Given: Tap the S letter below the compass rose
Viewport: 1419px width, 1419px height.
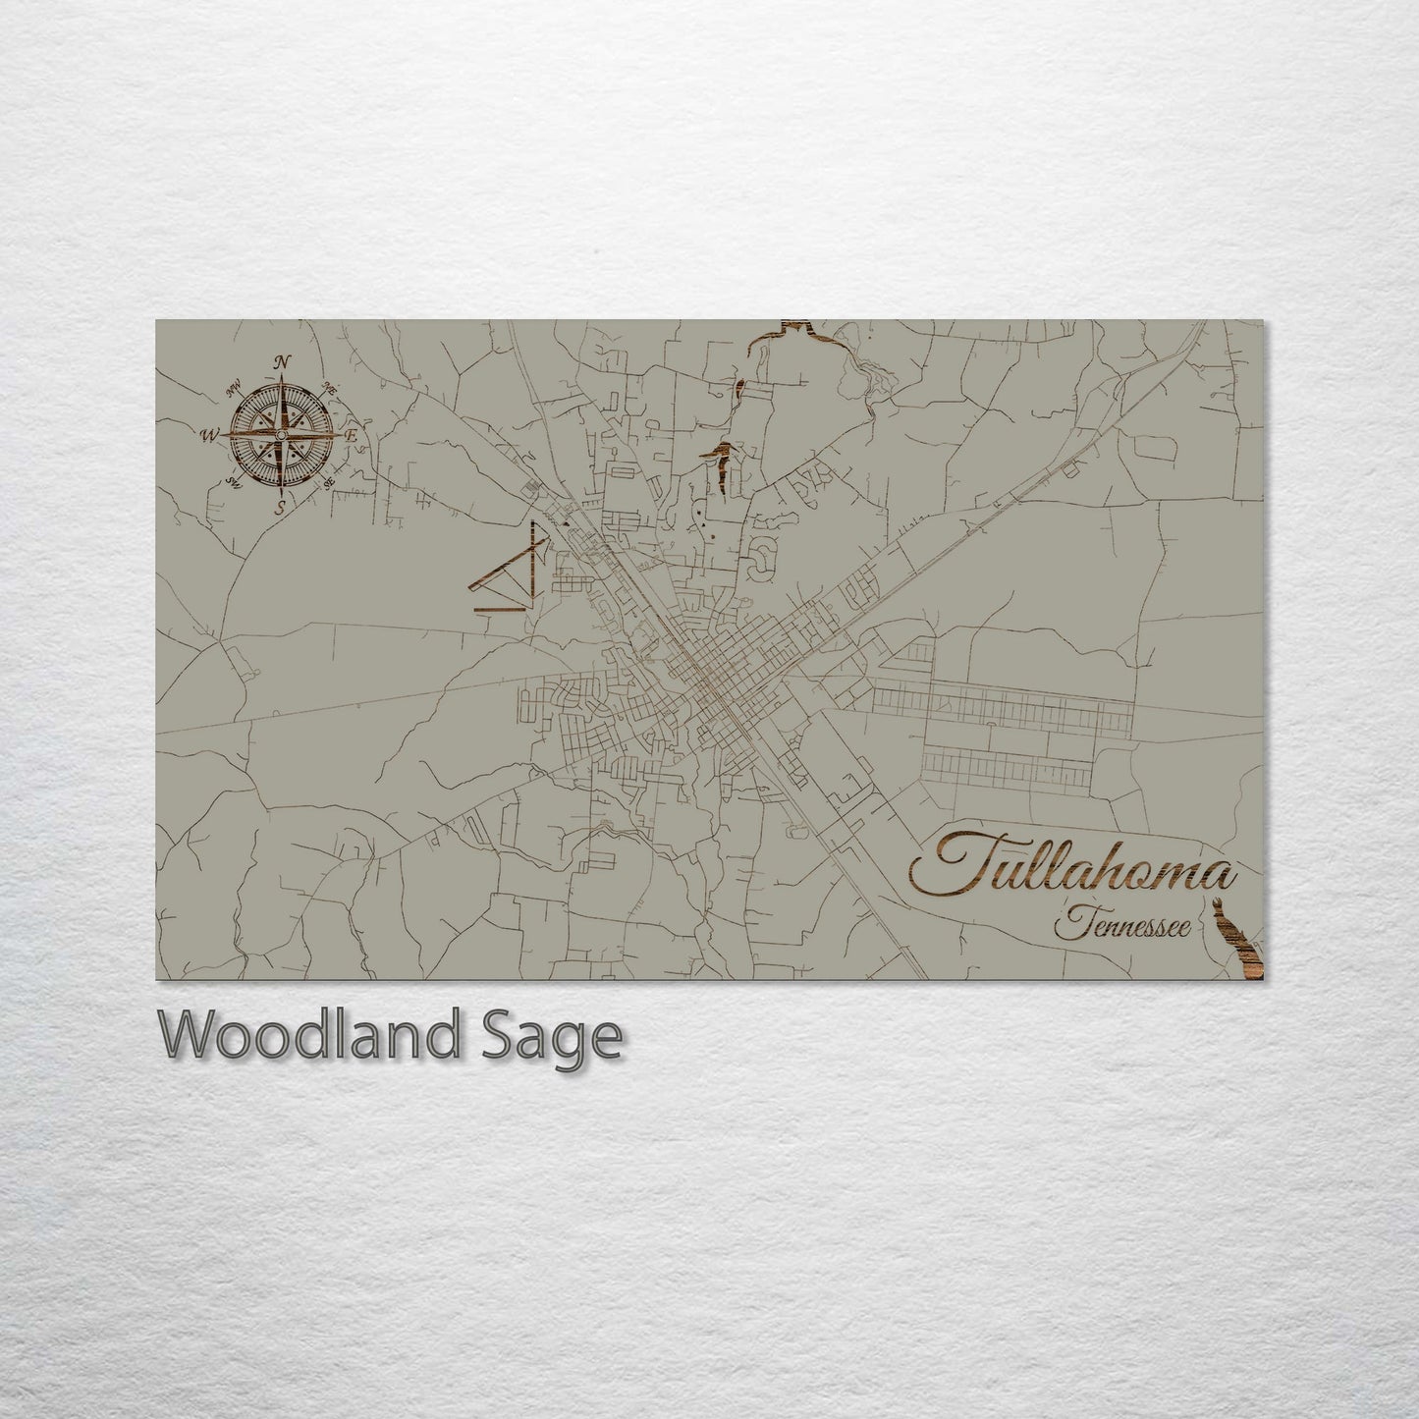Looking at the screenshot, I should (280, 508).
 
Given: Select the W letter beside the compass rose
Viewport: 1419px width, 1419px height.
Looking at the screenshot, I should (210, 435).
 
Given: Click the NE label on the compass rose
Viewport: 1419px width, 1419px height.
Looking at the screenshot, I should (331, 390).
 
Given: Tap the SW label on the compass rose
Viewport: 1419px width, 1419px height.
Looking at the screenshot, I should (234, 481).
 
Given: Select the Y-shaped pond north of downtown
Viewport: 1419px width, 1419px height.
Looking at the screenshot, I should (723, 466).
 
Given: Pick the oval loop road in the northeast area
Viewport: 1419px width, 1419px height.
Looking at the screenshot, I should (1155, 448).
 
